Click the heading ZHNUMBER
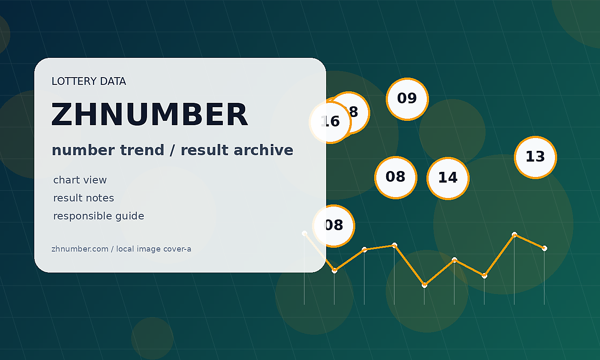(150, 114)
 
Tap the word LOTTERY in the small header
(74, 81)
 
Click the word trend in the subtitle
(142, 150)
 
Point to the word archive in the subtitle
(264, 150)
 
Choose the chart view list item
(80, 180)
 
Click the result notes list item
(84, 198)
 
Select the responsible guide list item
(99, 216)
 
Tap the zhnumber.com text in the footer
(80, 249)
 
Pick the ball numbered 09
(407, 99)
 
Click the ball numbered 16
(330, 123)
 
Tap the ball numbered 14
(448, 178)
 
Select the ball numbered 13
(535, 158)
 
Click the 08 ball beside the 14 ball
(396, 177)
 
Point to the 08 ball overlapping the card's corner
(333, 226)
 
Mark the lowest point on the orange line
(424, 285)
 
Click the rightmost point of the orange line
(544, 248)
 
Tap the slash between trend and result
(172, 150)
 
